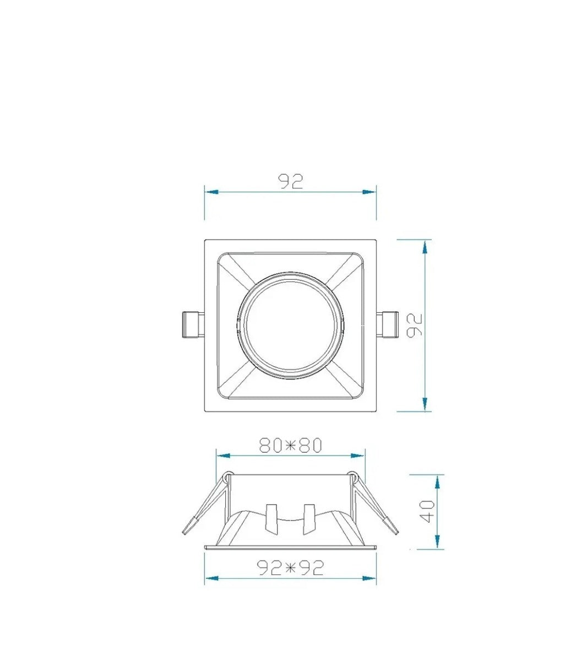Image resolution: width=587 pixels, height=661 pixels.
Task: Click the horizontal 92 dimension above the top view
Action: [291, 182]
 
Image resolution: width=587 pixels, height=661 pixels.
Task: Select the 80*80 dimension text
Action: [291, 445]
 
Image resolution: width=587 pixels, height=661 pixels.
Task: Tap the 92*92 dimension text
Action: [290, 567]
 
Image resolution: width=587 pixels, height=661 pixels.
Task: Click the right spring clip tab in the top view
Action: [388, 325]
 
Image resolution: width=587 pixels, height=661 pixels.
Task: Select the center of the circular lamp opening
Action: [291, 326]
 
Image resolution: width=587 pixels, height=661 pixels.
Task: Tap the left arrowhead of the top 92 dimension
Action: [211, 192]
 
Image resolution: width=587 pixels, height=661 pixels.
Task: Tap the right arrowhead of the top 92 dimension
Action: [369, 192]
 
